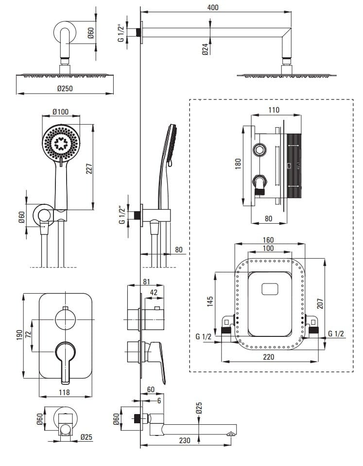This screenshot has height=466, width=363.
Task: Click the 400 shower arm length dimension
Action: point(212,7)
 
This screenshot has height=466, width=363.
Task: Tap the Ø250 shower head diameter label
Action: point(65,89)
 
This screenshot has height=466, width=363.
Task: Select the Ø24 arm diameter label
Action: point(205,48)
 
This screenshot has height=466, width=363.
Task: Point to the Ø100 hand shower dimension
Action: point(60,113)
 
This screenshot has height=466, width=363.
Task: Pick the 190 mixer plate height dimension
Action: point(18,335)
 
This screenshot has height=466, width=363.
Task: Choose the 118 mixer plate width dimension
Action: point(64,392)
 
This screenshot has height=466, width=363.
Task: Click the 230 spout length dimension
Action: point(184,440)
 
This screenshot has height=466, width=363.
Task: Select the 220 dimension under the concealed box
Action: point(269,357)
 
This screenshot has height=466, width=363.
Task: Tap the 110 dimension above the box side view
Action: point(274,110)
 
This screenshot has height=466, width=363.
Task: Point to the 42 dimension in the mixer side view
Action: point(154,293)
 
